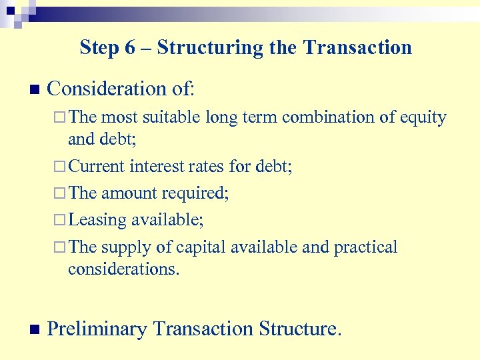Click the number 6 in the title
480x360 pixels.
130,48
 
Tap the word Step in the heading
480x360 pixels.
99,48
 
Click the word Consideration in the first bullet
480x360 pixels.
106,89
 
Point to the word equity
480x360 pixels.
423,117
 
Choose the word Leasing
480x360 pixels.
97,219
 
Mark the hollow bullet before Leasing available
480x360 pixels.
60,219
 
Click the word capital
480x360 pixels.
201,247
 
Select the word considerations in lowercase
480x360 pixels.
123,269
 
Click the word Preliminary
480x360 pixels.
97,329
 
